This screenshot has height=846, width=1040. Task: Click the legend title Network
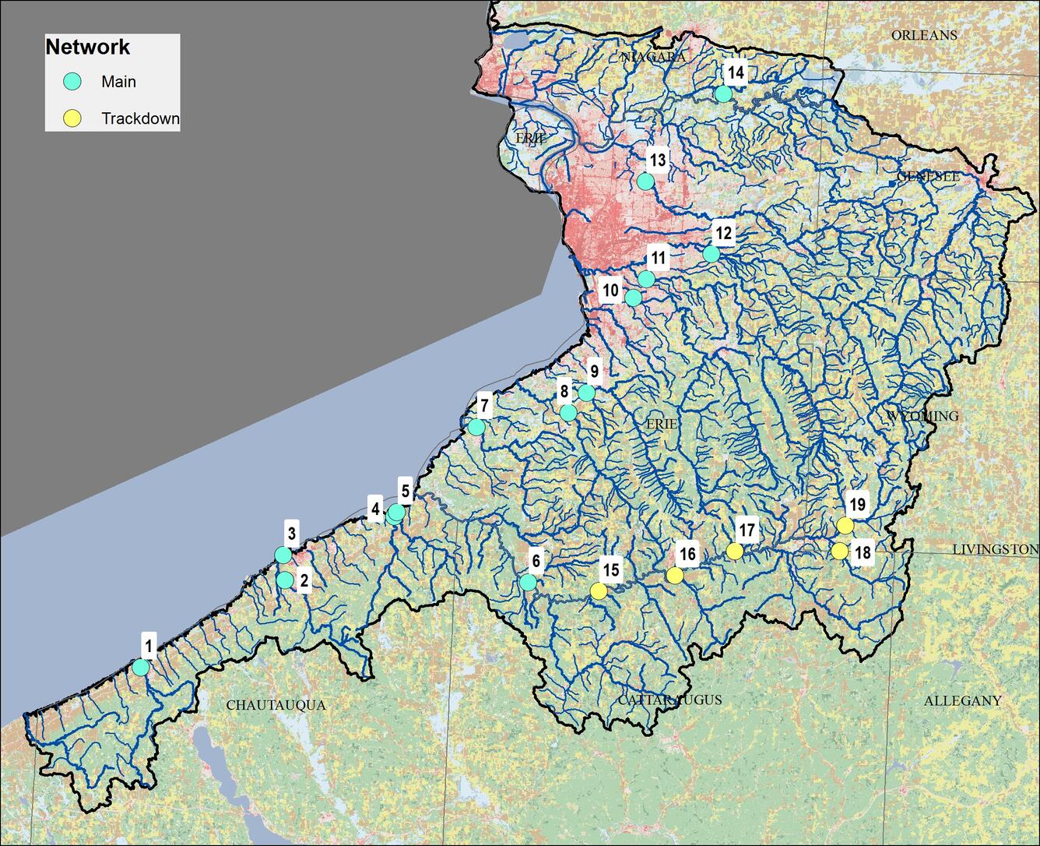click(88, 48)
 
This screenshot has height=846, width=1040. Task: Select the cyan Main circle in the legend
click(72, 82)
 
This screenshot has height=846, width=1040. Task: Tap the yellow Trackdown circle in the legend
click(72, 118)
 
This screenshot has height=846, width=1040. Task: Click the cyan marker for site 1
click(141, 668)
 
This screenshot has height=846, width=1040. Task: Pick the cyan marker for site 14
click(723, 94)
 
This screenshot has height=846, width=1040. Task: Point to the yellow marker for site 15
click(598, 591)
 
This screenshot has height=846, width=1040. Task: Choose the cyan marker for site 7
click(476, 427)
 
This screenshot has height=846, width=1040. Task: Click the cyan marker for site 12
click(711, 254)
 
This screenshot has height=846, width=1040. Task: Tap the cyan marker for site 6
click(528, 583)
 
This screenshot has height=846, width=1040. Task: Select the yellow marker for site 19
click(845, 526)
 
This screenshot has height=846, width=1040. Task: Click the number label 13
click(658, 160)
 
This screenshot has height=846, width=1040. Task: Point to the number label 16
click(687, 555)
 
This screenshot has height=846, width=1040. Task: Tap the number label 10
click(610, 291)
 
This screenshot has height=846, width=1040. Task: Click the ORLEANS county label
click(924, 36)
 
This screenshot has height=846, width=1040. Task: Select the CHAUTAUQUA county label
click(276, 705)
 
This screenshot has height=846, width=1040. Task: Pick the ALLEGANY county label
click(962, 701)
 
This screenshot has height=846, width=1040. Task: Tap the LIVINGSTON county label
click(995, 550)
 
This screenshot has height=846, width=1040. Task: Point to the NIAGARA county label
click(654, 58)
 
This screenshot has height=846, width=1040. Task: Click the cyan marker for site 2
click(285, 580)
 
